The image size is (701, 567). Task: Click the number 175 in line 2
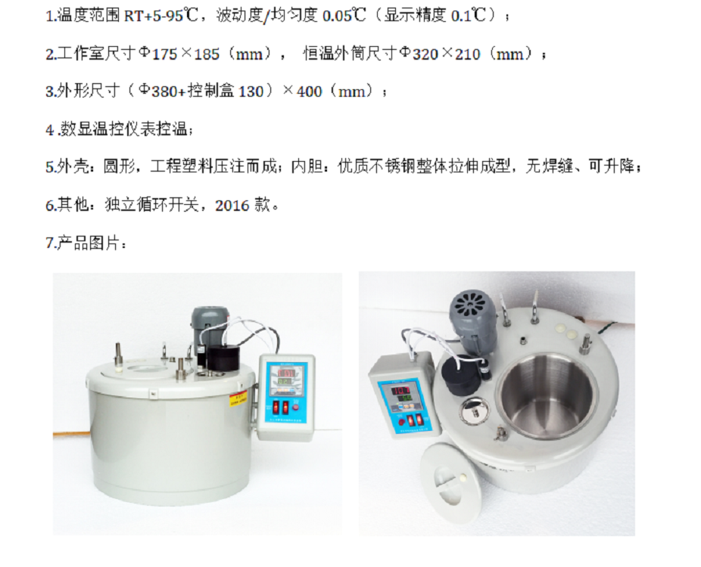pos(165,54)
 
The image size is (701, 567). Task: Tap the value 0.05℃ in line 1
pos(344,16)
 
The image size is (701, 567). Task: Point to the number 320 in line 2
pos(425,54)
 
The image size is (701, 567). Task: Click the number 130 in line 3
pos(251,91)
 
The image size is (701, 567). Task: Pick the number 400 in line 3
pos(310,91)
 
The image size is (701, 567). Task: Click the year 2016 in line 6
pos(232,206)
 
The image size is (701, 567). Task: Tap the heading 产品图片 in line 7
pos(89,243)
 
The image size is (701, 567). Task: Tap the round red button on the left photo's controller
pos(295,407)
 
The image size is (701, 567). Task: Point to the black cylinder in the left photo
pos(223,358)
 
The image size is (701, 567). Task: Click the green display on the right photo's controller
pos(406,398)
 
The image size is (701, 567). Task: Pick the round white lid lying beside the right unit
pos(453,482)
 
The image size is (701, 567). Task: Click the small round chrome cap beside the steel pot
pos(475,410)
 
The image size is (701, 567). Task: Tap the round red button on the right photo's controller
pos(400,421)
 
